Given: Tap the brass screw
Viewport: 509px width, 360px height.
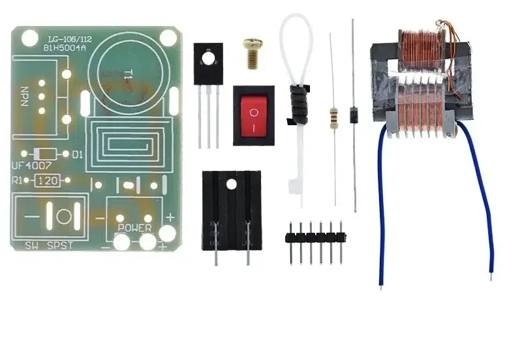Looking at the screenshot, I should pyautogui.click(x=251, y=52).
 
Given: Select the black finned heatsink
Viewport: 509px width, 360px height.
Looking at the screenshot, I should pyautogui.click(x=232, y=209).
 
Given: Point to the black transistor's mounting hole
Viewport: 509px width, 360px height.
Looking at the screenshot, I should pyautogui.click(x=208, y=58).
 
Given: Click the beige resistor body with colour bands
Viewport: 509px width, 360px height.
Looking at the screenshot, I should pyautogui.click(x=334, y=117).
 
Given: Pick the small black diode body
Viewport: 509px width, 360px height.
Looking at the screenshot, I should pyautogui.click(x=353, y=112).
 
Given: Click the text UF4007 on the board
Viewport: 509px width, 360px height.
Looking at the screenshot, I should pyautogui.click(x=33, y=167).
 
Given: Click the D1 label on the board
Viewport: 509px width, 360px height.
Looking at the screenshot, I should pyautogui.click(x=78, y=155).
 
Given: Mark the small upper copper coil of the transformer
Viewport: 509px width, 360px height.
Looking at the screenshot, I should pyautogui.click(x=418, y=52).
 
